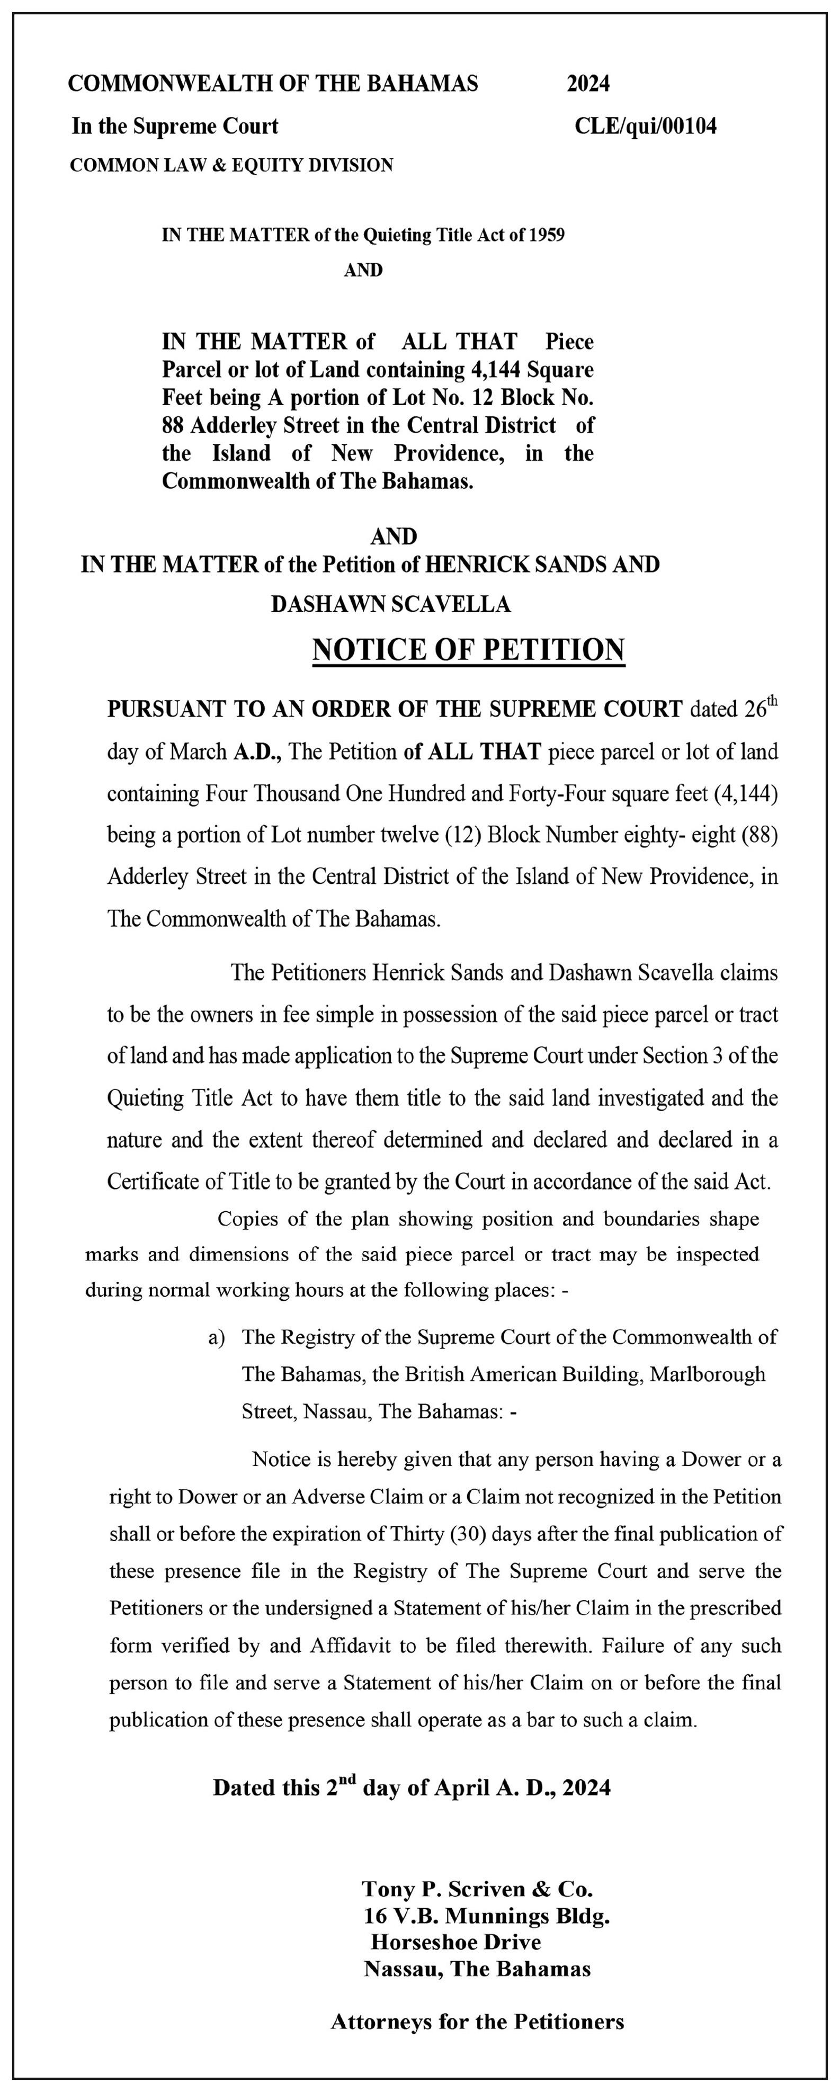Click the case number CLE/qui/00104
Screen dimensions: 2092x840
645,127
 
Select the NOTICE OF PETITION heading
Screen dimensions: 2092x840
469,650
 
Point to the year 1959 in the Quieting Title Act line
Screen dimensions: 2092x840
547,236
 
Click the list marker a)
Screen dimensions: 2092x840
217,1337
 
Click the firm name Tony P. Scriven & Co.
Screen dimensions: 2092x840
477,1889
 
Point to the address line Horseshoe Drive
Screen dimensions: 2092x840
455,1943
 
